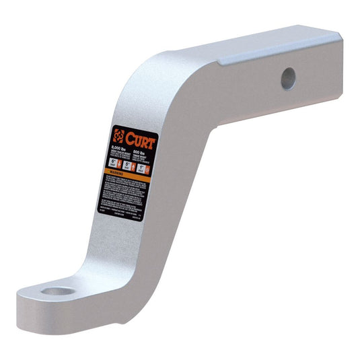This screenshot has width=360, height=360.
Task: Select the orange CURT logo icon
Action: pyautogui.click(x=120, y=135)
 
